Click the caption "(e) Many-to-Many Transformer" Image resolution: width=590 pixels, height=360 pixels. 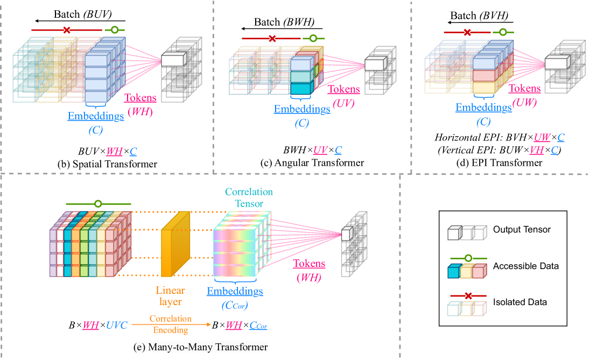click(x=201, y=348)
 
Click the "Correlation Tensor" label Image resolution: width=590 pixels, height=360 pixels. click(x=249, y=197)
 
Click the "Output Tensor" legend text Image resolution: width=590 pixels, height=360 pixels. click(x=522, y=230)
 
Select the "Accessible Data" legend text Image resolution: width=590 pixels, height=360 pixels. click(x=525, y=266)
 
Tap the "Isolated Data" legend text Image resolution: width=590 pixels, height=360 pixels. click(x=519, y=302)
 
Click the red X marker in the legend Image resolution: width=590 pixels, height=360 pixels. click(x=468, y=296)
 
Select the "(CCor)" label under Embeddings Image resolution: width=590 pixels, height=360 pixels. click(x=235, y=306)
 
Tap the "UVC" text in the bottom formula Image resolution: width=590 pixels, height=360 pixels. click(x=117, y=326)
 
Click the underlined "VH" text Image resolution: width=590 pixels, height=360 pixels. click(x=536, y=151)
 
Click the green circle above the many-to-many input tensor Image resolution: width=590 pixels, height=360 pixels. click(x=98, y=204)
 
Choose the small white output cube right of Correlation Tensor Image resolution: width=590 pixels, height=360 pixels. click(x=346, y=234)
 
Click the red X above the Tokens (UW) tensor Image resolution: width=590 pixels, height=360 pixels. click(x=467, y=33)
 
